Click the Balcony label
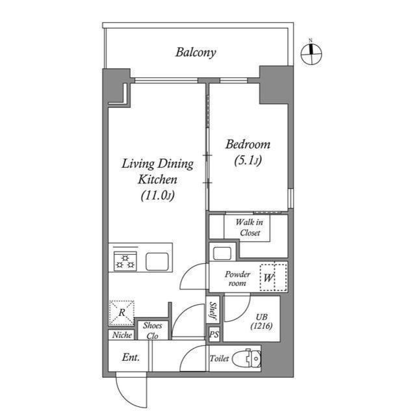click(196, 52)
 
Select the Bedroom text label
click(248, 144)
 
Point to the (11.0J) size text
click(157, 196)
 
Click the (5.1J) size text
click(248, 160)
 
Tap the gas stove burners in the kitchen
click(125, 261)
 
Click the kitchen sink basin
click(157, 261)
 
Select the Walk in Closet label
click(250, 227)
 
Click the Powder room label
click(237, 278)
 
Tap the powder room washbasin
click(222, 253)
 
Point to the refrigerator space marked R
click(122, 313)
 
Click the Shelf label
click(213, 310)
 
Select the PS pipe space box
click(214, 334)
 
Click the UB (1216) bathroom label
click(261, 321)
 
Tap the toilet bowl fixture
click(247, 358)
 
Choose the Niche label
click(122, 335)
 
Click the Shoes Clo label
click(152, 331)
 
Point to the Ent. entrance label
click(131, 357)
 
